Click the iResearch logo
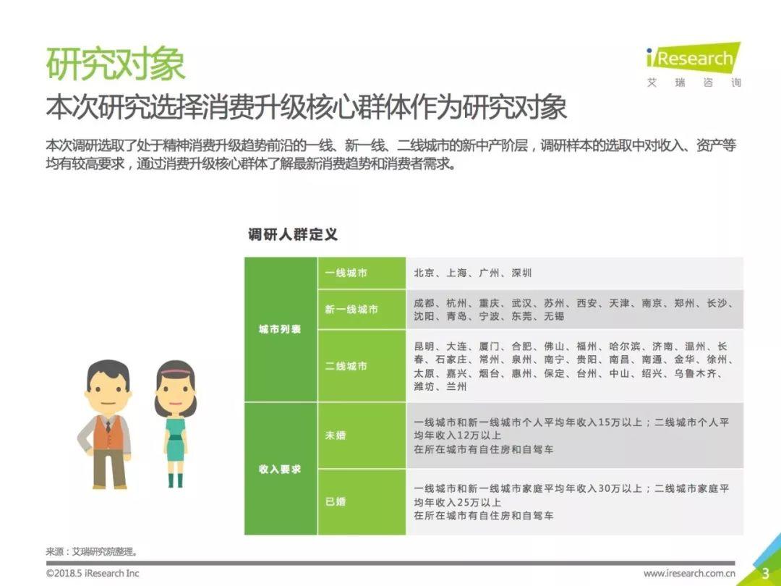pos(693,65)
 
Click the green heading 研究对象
pos(116,64)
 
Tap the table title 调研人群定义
pos(293,234)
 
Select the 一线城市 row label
pos(346,273)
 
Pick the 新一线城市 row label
pos(351,310)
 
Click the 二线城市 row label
pos(346,366)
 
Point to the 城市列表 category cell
pos(280,329)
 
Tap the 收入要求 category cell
pos(280,469)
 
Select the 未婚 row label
pos(336,436)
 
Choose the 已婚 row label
pos(336,501)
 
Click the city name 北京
pos(424,273)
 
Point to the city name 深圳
pos(521,273)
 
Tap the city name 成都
pos(424,303)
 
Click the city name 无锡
pos(554,316)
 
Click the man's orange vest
pos(106,433)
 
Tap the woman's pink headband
pos(175,372)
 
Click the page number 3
pos(765,573)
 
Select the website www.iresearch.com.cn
pos(689,574)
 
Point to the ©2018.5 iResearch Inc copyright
pos(93,574)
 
